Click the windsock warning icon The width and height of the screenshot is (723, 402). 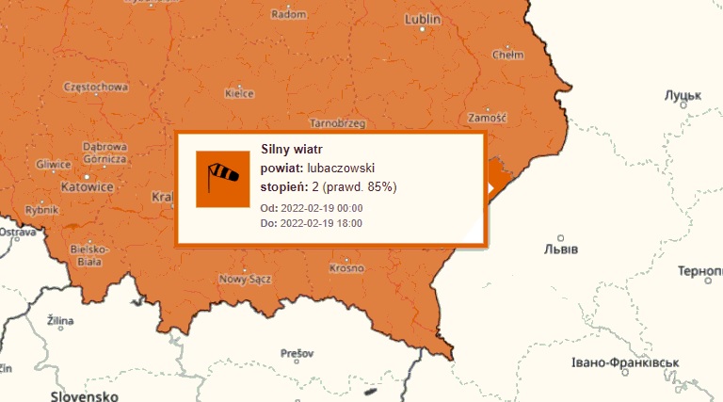pyautogui.click(x=223, y=179)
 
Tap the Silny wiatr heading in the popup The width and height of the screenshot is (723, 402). pyautogui.click(x=292, y=149)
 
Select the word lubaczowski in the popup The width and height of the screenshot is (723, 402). pyautogui.click(x=342, y=168)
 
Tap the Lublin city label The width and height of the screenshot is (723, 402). pyautogui.click(x=423, y=19)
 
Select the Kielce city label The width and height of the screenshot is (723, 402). pyautogui.click(x=240, y=93)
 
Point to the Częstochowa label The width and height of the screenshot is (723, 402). pyautogui.click(x=94, y=87)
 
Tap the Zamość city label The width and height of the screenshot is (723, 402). pyautogui.click(x=487, y=118)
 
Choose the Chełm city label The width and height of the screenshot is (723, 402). pyautogui.click(x=508, y=55)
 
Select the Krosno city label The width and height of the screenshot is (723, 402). pyautogui.click(x=346, y=268)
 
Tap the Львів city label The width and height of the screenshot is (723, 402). pyautogui.click(x=561, y=249)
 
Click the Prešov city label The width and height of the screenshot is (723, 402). pyautogui.click(x=296, y=353)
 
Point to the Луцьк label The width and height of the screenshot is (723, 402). pyautogui.click(x=683, y=96)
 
